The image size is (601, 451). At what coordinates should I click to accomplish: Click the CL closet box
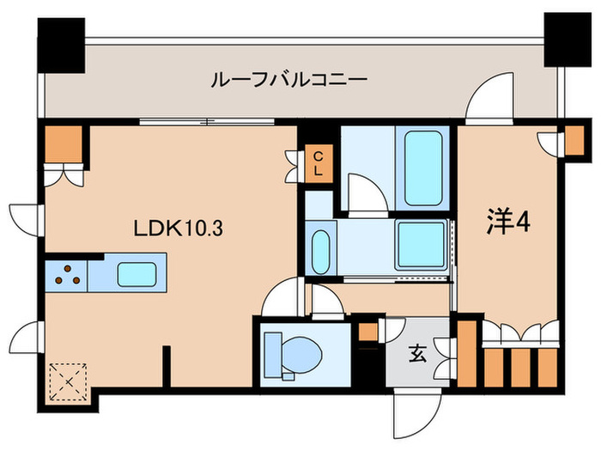tap(318, 163)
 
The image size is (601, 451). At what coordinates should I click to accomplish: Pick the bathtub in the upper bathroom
tap(422, 167)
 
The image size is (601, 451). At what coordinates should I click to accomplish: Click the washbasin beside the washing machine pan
tap(321, 249)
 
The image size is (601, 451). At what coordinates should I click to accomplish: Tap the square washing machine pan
tap(421, 243)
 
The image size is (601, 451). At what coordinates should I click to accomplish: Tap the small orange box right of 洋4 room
tap(571, 140)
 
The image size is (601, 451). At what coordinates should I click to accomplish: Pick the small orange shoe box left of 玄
tap(367, 332)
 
